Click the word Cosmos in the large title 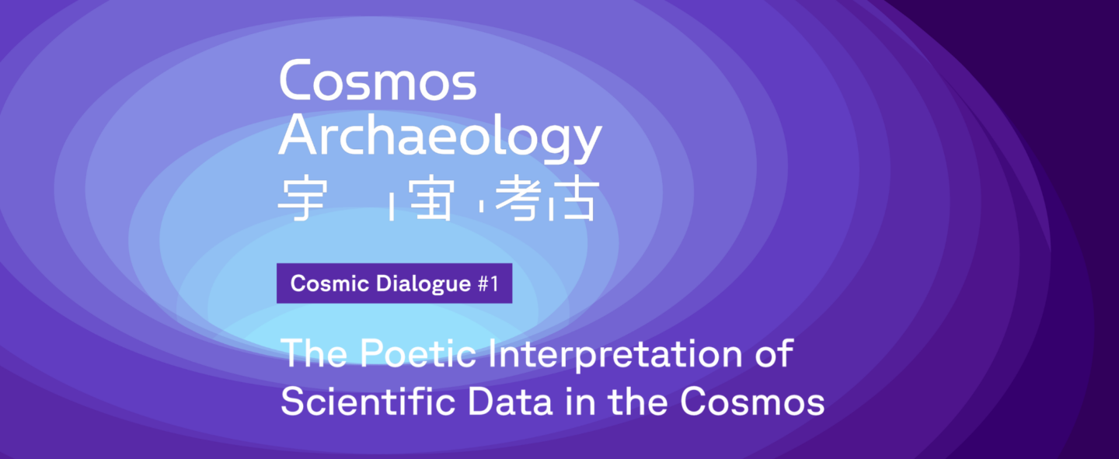point(378,81)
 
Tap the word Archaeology point(440,138)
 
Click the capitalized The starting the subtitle point(314,353)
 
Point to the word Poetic point(418,353)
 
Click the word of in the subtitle point(774,353)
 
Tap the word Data point(510,401)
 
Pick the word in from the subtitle point(580,401)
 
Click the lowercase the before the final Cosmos point(638,401)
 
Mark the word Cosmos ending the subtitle point(752,402)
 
